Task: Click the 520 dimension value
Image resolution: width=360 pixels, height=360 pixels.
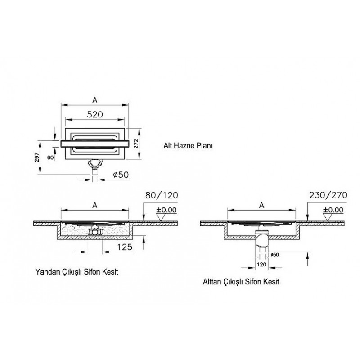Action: point(95,114)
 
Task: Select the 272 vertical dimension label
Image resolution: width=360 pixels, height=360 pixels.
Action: point(136,144)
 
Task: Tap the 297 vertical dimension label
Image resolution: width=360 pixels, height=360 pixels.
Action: point(37,157)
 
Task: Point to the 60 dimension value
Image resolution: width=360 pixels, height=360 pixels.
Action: point(50,157)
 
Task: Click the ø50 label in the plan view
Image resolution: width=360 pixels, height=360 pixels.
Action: point(121,175)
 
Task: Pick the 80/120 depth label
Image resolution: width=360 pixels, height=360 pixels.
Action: point(162,195)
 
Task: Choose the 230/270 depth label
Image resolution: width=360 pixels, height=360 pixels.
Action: point(328,195)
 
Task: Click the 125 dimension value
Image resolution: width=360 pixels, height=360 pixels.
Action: point(125,247)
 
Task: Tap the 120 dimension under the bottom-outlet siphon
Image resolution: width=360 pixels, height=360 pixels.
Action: point(261,265)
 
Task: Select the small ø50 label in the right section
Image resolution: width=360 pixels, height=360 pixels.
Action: point(275,255)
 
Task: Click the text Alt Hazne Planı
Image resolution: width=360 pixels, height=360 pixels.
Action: point(188,146)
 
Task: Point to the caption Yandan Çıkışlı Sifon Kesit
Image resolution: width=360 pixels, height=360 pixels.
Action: point(76,272)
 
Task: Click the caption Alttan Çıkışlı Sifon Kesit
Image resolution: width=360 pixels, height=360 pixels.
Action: point(241,282)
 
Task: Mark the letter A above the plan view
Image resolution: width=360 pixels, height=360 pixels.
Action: point(95,100)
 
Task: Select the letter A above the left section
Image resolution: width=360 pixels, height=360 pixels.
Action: point(95,206)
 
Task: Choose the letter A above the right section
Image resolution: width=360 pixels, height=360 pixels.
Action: point(261,205)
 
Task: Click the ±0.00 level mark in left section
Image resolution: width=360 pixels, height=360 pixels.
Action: point(166,210)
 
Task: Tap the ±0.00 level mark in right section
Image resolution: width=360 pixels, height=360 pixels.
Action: point(333,210)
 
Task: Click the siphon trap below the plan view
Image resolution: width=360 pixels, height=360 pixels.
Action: point(95,165)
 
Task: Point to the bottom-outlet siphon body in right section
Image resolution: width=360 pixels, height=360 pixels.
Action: point(261,241)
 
